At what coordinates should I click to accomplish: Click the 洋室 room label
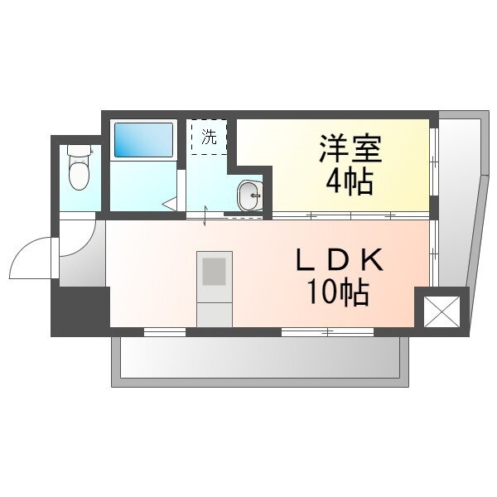click(350, 148)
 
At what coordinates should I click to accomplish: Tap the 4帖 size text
click(350, 183)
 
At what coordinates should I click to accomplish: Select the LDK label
click(340, 259)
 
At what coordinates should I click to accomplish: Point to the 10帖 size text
click(338, 292)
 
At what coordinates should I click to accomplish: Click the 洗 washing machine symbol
click(209, 137)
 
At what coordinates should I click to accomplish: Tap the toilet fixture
click(80, 167)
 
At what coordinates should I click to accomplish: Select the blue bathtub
click(143, 140)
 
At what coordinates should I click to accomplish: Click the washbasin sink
click(250, 195)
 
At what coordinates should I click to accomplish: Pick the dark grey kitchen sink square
click(214, 272)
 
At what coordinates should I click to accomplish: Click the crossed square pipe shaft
click(442, 311)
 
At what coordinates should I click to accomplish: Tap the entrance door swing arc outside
click(31, 258)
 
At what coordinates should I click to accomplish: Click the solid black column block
click(80, 311)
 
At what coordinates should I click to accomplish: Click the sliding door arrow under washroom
click(205, 216)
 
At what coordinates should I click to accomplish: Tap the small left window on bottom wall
click(165, 332)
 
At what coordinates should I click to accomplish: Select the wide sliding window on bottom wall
click(327, 332)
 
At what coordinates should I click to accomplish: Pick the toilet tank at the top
click(80, 150)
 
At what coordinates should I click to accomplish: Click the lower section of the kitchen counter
click(215, 315)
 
